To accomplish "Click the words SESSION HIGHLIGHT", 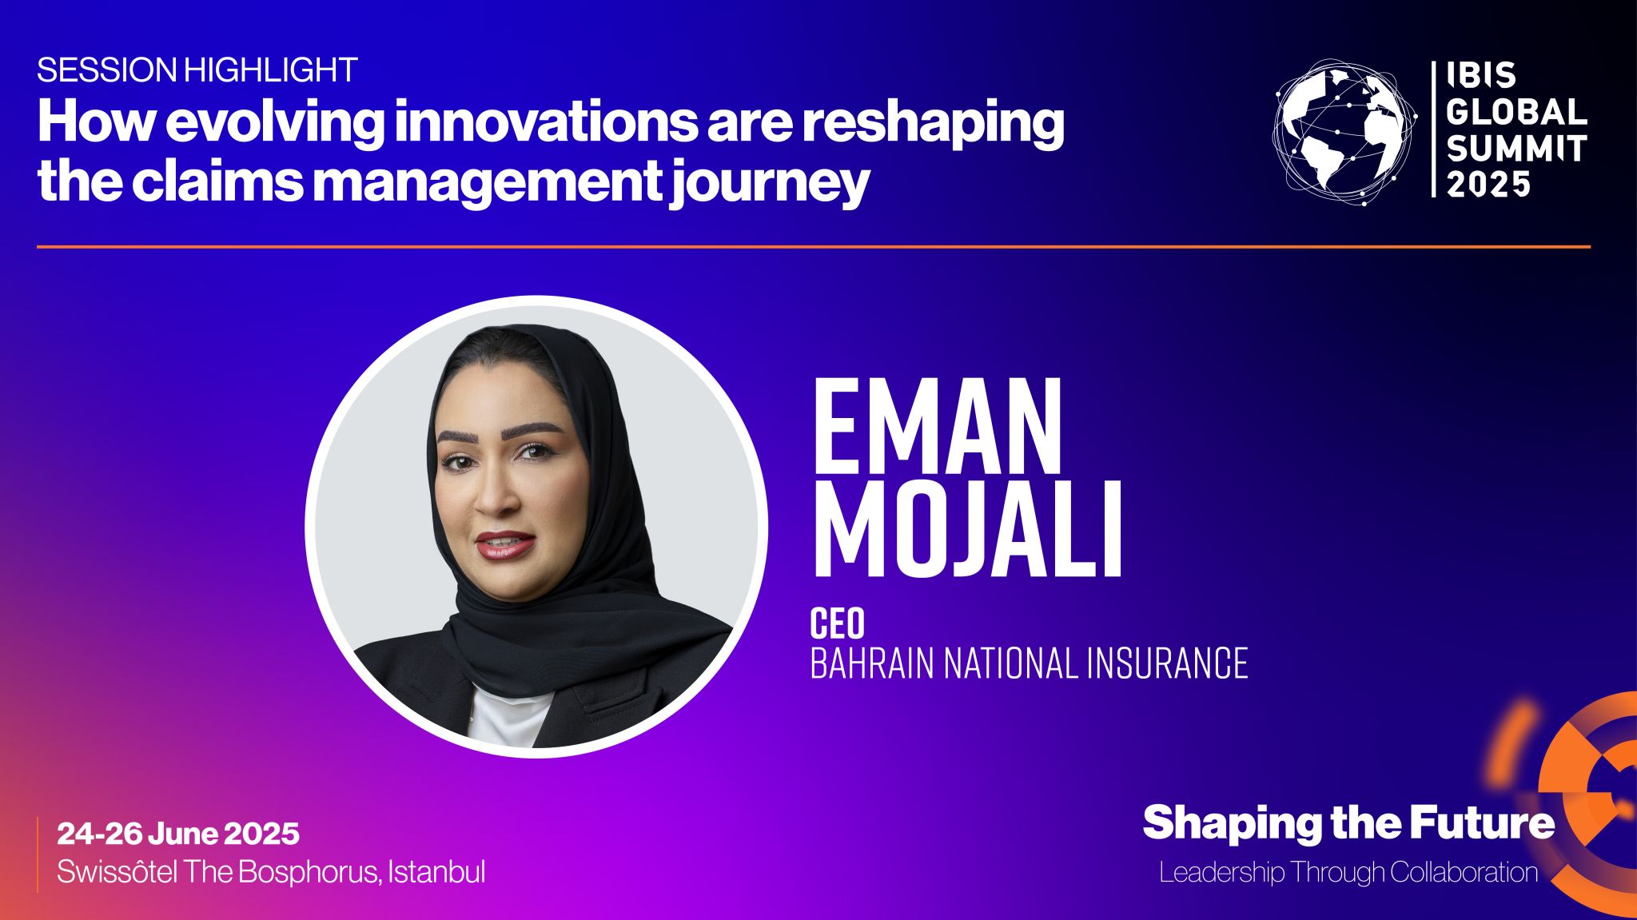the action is pos(197,70).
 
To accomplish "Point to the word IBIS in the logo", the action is pos(1481,76).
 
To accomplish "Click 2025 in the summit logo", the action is pos(1488,185).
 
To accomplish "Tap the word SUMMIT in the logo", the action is pos(1516,149).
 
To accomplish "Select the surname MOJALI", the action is pos(967,528).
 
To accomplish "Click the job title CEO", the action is pos(837,623).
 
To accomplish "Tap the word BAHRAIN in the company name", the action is pos(872,663).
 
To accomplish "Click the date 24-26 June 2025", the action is pos(178,834).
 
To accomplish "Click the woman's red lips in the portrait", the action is pos(505,544).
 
